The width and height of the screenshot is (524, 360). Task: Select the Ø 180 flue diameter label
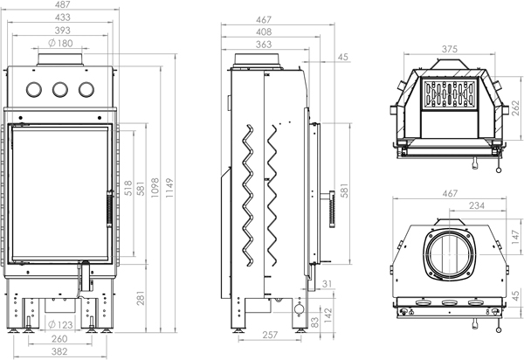(60, 43)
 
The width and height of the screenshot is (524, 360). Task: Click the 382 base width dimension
(60, 352)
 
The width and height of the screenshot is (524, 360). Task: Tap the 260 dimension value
(60, 339)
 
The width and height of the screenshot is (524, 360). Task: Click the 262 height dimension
(515, 109)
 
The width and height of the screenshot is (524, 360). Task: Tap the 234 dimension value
(477, 207)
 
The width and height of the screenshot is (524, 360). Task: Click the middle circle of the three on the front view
(60, 89)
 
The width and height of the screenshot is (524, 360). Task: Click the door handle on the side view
(330, 210)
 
